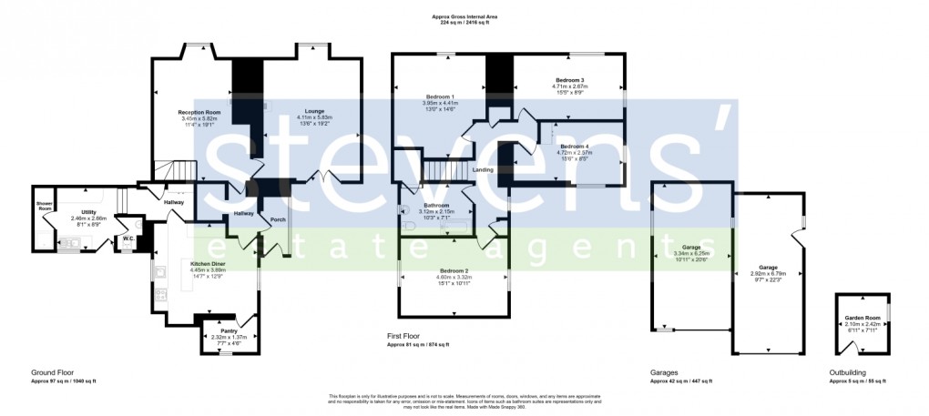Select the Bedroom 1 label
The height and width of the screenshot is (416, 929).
click(x=440, y=97)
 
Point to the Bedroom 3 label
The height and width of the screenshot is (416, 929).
click(x=569, y=81)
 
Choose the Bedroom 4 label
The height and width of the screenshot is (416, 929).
click(x=574, y=147)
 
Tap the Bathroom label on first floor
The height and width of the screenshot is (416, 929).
click(x=440, y=206)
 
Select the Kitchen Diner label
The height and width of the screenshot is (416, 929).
click(x=207, y=264)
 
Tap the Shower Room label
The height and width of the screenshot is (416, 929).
click(x=44, y=206)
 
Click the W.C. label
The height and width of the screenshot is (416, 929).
click(x=128, y=239)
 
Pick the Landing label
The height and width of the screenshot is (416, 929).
click(x=483, y=170)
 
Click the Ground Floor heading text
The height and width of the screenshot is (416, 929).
click(x=51, y=373)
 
